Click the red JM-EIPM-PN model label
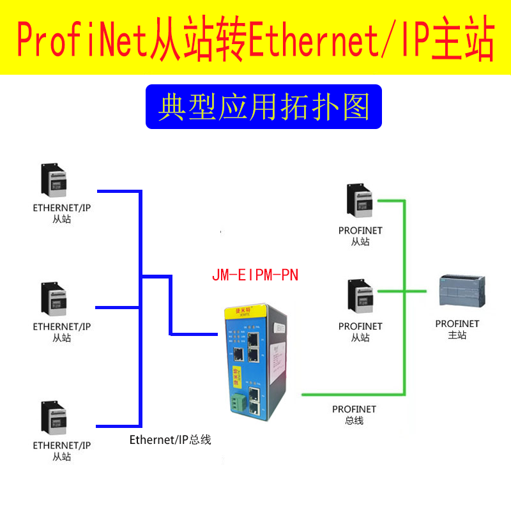click(x=255, y=275)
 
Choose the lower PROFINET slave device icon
click(x=359, y=296)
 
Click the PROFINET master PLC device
click(x=461, y=294)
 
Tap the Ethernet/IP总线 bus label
click(x=170, y=439)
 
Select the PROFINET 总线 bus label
click(x=354, y=415)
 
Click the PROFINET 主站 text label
click(x=457, y=329)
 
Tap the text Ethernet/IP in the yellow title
click(x=331, y=40)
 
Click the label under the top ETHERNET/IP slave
click(x=62, y=213)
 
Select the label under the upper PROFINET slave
click(x=360, y=236)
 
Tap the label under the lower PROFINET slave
click(x=360, y=332)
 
